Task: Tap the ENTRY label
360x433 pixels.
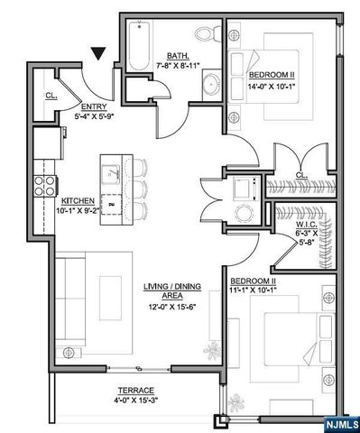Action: point(94,106)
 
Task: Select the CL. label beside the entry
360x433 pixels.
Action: point(51,95)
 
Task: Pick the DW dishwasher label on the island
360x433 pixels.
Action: point(112,203)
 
